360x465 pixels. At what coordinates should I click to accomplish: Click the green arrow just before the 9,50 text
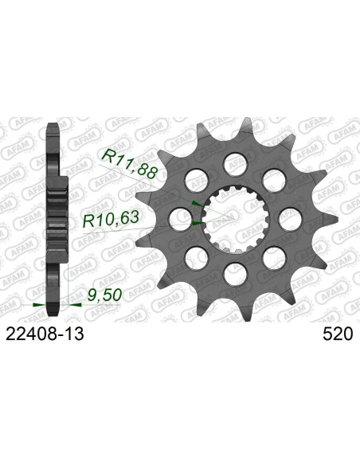pos(80,304)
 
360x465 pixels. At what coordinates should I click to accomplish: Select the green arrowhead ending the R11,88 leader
pos(196,205)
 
